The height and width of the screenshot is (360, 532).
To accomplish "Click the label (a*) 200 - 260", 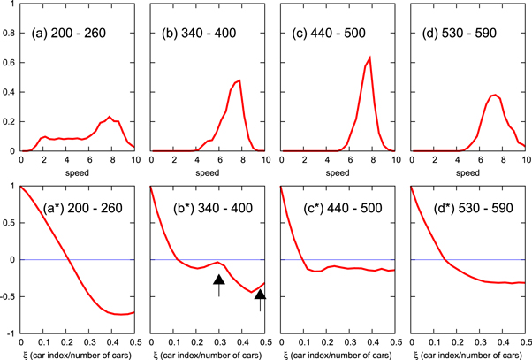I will click(77, 209).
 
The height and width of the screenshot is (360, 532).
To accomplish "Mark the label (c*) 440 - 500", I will click(338, 209).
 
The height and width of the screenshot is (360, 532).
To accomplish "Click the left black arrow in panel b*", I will click(219, 285).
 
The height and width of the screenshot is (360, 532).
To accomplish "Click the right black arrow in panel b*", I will click(260, 301).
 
